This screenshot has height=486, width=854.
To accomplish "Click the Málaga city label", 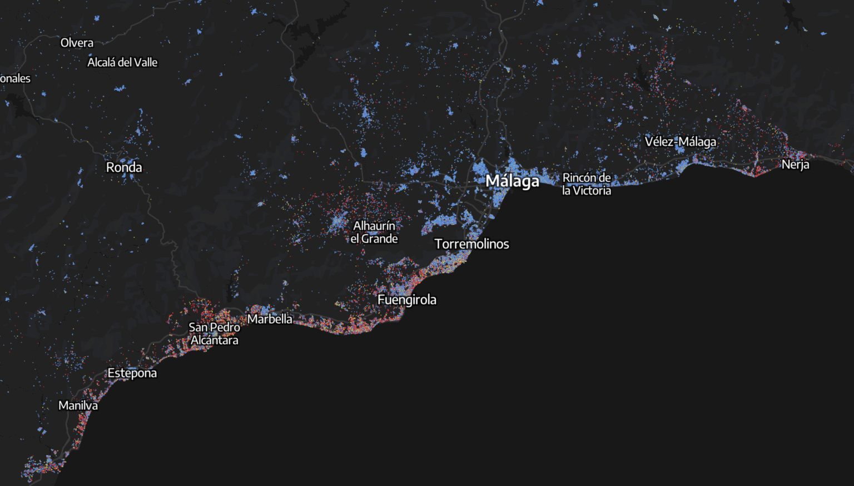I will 512,181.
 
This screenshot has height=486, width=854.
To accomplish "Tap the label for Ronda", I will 124,167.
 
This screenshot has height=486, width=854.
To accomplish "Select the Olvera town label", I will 77,43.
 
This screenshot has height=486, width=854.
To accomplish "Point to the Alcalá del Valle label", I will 122,62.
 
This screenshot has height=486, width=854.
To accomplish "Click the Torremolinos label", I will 471,244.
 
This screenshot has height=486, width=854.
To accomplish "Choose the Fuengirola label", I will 407,300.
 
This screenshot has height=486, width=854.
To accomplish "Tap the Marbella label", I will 270,319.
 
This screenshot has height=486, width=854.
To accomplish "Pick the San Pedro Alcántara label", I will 214,334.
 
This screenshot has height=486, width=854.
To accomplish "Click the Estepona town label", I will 132,373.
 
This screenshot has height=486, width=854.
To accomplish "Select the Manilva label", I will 78,406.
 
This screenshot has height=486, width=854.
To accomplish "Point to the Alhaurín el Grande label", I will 374,232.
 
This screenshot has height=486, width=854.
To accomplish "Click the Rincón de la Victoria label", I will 587,184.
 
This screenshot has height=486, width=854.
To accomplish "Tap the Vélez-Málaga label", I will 681,142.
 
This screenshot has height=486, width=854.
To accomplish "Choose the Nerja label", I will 795,165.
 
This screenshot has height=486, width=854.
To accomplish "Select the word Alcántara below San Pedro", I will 215,340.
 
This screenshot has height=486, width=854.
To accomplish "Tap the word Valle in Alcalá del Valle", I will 146,62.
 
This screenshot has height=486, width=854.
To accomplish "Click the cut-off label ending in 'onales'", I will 15,78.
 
